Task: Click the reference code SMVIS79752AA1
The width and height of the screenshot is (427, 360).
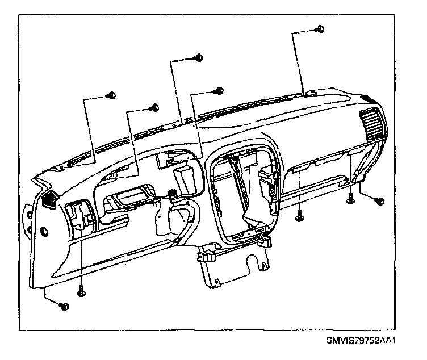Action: (361, 341)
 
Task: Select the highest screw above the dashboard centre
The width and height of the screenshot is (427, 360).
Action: (199, 57)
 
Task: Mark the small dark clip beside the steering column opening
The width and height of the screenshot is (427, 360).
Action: (170, 196)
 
